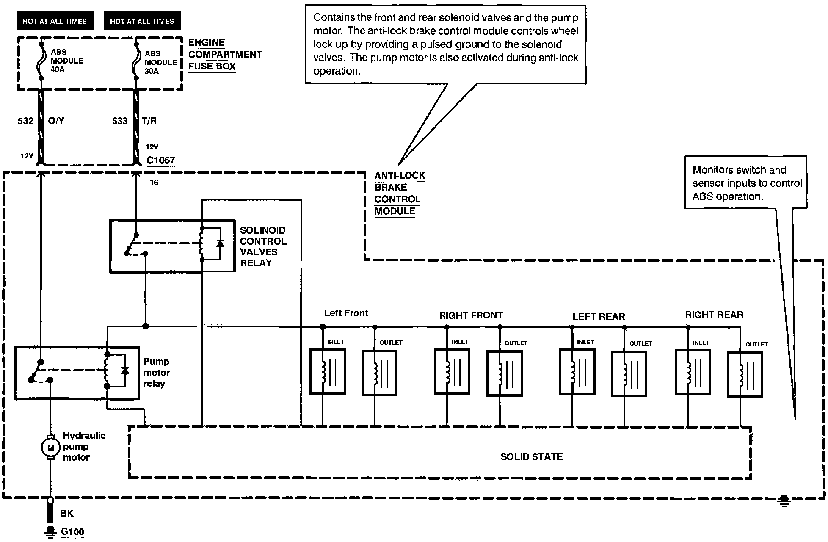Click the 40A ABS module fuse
(x=41, y=61)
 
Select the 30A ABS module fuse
(x=136, y=61)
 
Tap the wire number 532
(x=25, y=121)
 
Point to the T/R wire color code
(x=149, y=121)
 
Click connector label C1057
(x=160, y=160)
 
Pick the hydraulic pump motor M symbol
(x=50, y=448)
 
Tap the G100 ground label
(x=72, y=532)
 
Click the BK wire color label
(x=67, y=514)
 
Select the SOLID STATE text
(x=532, y=456)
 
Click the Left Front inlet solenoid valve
(x=327, y=371)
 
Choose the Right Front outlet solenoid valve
(x=504, y=373)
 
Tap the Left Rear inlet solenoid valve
(x=577, y=372)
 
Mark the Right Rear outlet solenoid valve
(x=745, y=374)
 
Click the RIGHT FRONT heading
(x=471, y=315)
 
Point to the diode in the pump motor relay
(x=125, y=371)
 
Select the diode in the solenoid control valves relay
(x=220, y=243)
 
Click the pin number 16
(x=154, y=183)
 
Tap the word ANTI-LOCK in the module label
(x=400, y=175)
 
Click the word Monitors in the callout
(x=715, y=170)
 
